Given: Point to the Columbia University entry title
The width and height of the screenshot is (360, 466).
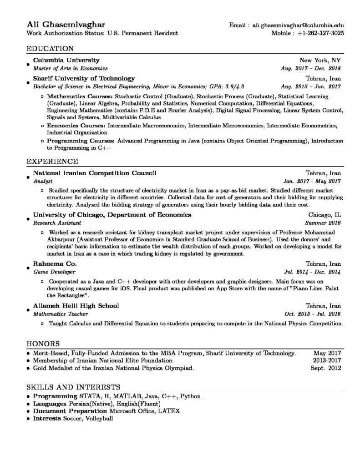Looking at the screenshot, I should pyautogui.click(x=66, y=60).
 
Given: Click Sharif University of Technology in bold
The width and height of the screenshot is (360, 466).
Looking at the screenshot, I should pyautogui.click(x=84, y=78).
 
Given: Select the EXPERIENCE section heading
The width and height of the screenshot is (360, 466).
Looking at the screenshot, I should pyautogui.click(x=52, y=161).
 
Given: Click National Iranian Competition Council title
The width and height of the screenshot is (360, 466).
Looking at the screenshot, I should pyautogui.click(x=95, y=173).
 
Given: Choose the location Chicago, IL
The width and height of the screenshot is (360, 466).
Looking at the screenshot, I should pyautogui.click(x=324, y=215).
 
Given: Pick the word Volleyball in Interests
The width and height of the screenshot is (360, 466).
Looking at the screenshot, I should pyautogui.click(x=98, y=418).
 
